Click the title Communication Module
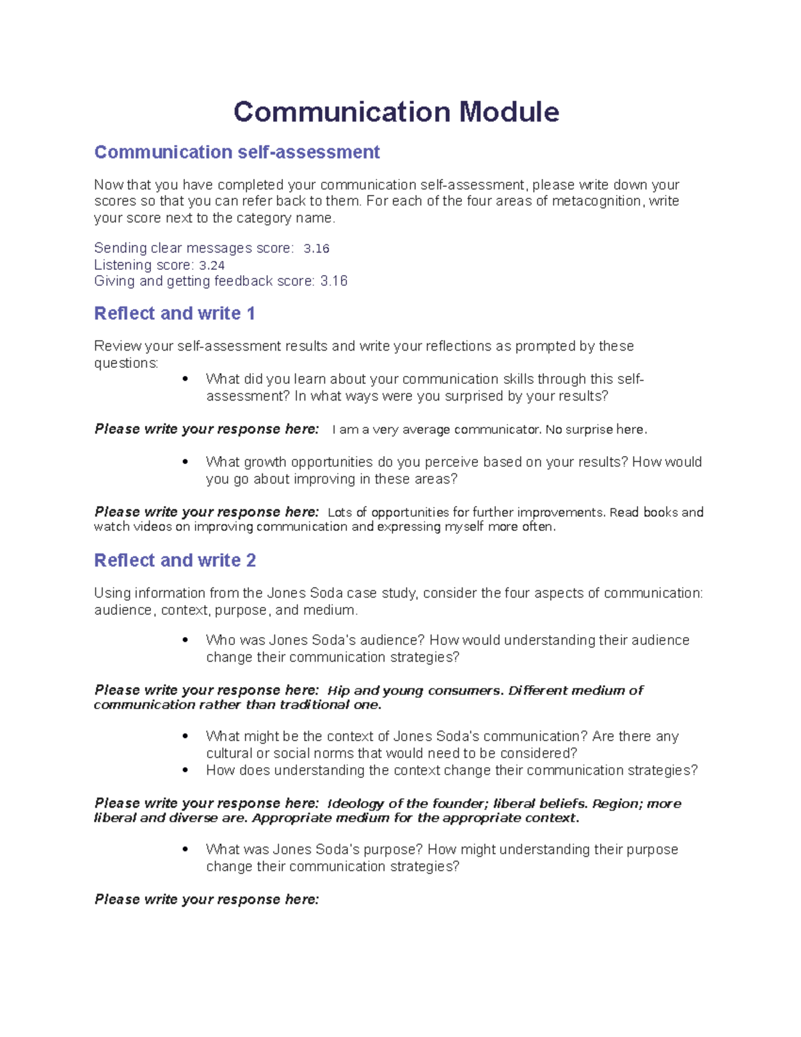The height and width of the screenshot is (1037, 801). pyautogui.click(x=396, y=112)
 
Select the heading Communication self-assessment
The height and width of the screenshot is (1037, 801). pyautogui.click(x=237, y=152)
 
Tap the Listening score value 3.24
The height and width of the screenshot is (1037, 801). pyautogui.click(x=212, y=265)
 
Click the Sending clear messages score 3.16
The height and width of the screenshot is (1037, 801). pyautogui.click(x=316, y=248)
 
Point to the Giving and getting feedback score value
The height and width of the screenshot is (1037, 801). pyautogui.click(x=334, y=281)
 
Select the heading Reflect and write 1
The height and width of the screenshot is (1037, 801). pyautogui.click(x=174, y=313)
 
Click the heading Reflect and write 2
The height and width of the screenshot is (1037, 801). pyautogui.click(x=175, y=560)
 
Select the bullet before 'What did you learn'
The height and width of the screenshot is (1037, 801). pyautogui.click(x=186, y=379)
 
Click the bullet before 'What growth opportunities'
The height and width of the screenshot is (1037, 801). pyautogui.click(x=186, y=462)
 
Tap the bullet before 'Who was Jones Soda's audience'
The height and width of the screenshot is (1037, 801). pyautogui.click(x=186, y=640)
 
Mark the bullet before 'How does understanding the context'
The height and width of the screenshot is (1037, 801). pyautogui.click(x=186, y=771)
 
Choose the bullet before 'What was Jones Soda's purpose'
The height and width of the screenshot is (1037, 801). pyautogui.click(x=186, y=850)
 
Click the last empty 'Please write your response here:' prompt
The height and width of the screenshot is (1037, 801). pyautogui.click(x=207, y=899)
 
